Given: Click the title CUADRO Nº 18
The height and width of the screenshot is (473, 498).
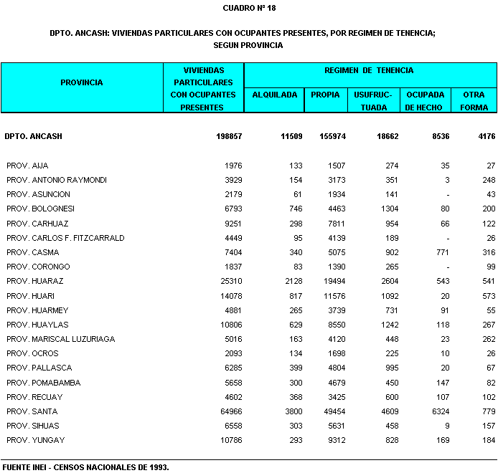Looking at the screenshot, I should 249,8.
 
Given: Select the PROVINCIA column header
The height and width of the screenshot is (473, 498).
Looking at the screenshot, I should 82,82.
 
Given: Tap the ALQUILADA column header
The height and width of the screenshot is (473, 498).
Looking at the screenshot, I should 275,95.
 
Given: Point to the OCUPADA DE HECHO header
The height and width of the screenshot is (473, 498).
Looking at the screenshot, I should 425,101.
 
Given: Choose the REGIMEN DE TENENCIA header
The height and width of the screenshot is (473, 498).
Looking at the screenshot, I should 369,70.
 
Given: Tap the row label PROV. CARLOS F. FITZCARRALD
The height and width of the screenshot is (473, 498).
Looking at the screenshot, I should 65,238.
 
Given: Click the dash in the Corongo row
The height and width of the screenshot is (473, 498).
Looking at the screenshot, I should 447,267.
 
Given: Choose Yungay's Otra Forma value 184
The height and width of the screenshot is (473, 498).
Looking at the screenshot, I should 489,440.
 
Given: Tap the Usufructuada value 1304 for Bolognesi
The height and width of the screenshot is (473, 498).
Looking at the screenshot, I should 388,209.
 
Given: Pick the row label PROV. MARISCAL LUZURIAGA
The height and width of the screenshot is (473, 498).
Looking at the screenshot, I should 60,339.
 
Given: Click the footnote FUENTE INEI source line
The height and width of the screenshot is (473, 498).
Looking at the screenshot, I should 85,467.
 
